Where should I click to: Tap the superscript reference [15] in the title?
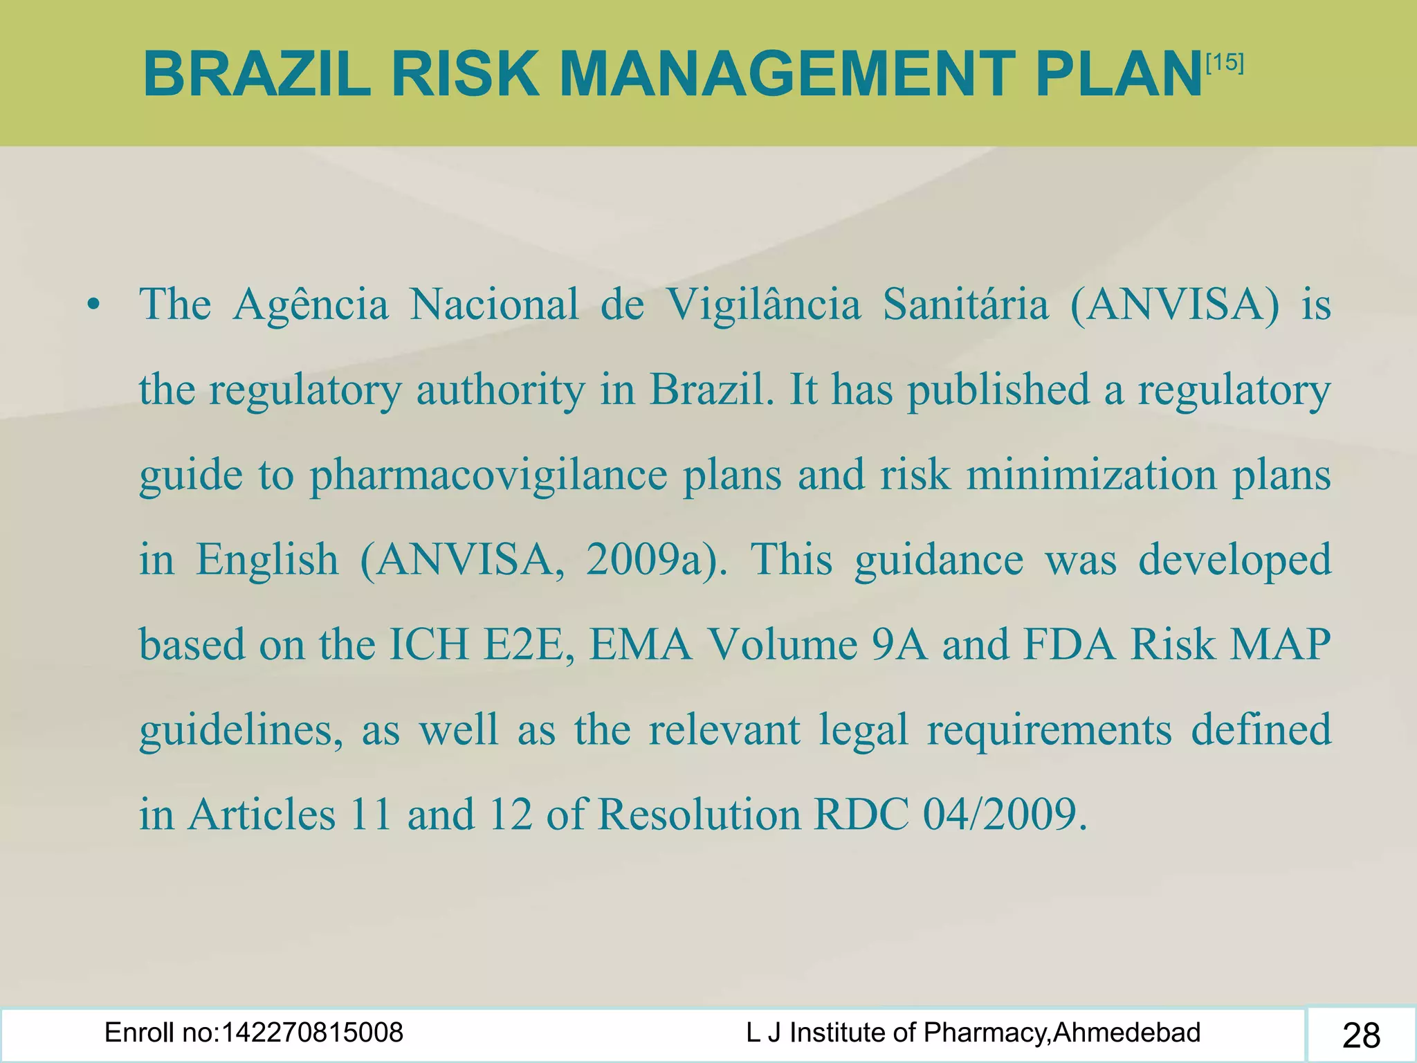[1224, 63]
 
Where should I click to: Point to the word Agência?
[311, 305]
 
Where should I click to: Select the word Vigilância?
[763, 305]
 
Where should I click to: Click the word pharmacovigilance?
[488, 475]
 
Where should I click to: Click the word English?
[267, 561]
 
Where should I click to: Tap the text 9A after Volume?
[899, 644]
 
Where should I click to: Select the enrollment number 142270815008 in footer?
[312, 1033]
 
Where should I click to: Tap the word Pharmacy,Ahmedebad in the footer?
[1062, 1033]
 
